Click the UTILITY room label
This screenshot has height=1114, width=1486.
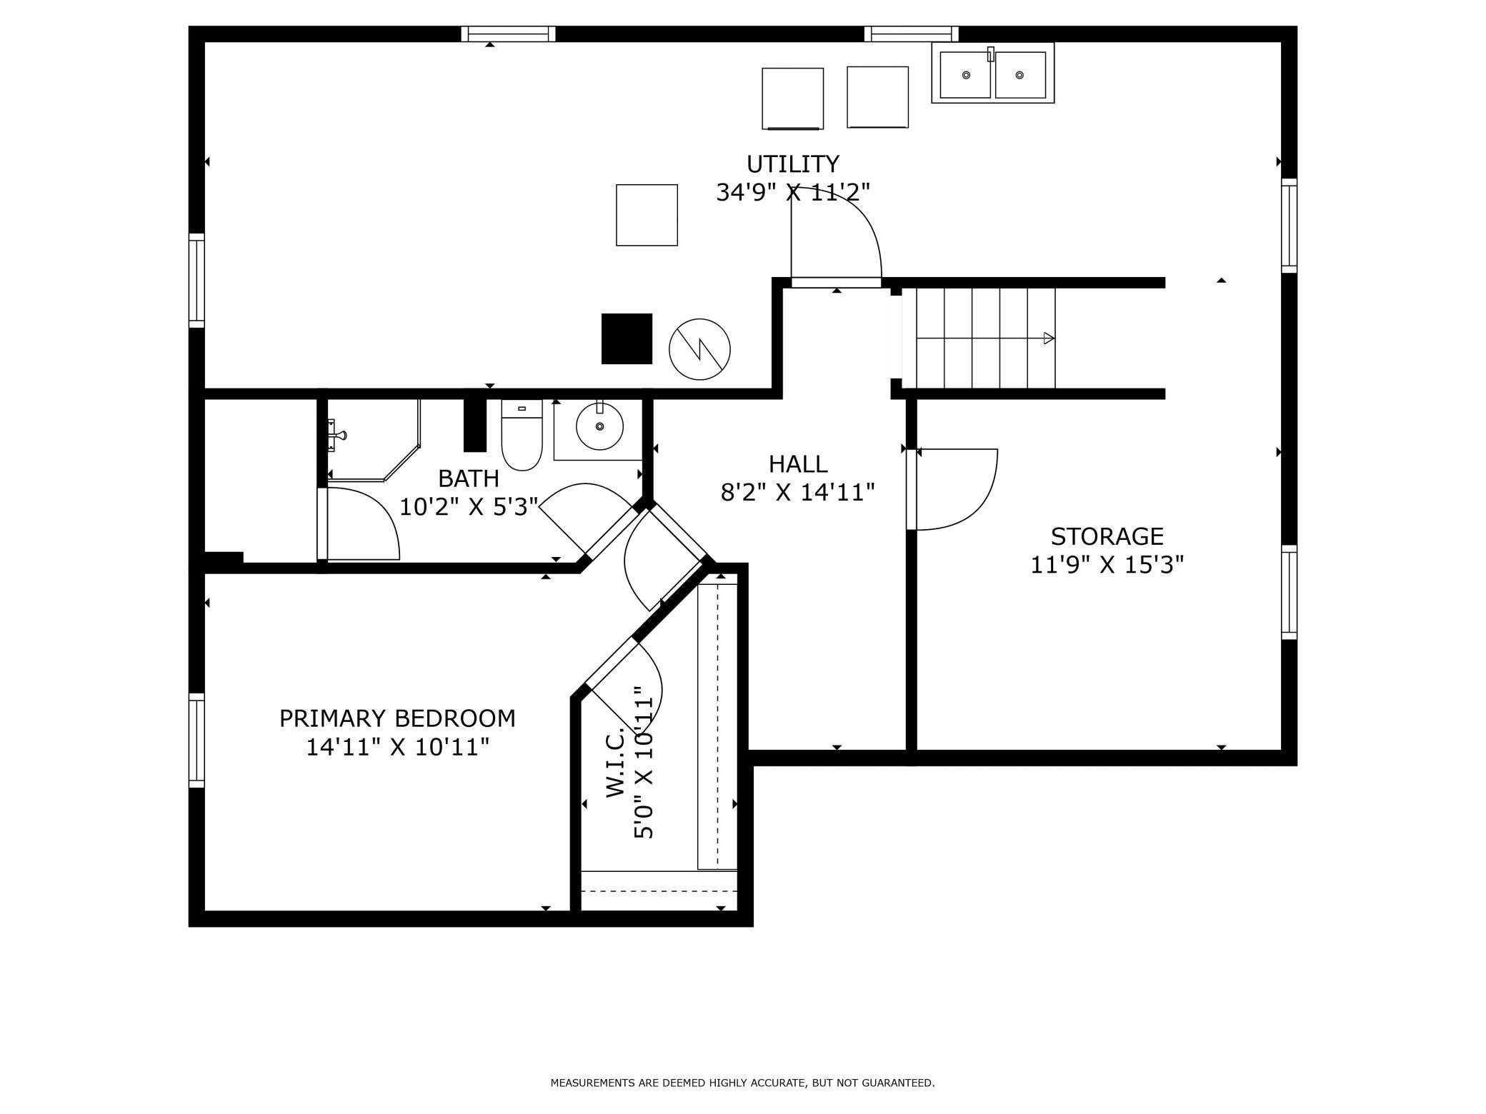tap(792, 164)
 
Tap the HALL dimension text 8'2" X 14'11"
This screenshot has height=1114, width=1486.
tap(797, 493)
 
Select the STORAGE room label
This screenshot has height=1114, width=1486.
tap(1107, 536)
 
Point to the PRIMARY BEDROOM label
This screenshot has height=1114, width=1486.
tap(397, 718)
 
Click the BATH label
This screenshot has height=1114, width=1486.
tap(469, 478)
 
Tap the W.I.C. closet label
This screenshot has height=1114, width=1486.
tap(616, 762)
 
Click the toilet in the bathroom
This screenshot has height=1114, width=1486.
tap(522, 434)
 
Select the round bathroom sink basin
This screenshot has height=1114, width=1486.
tap(599, 426)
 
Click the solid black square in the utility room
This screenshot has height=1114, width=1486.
tap(627, 338)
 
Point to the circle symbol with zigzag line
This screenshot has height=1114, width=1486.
tap(699, 349)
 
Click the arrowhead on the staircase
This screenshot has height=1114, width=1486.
tap(1049, 338)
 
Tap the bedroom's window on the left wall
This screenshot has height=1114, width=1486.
tap(196, 741)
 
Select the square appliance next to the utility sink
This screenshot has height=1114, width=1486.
tap(877, 97)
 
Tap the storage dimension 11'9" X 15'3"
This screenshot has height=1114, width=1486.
tap(1107, 565)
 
